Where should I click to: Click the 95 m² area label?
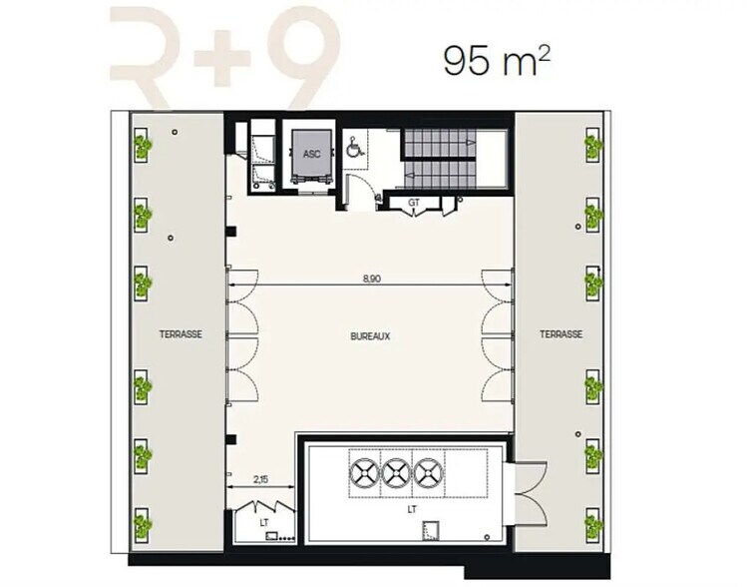[x=498, y=61]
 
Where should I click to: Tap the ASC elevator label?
[x=311, y=154]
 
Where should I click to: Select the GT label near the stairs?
[x=414, y=203]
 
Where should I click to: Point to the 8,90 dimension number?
[x=372, y=279]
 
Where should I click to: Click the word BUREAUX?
[x=370, y=336]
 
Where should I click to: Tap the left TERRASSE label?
[x=181, y=334]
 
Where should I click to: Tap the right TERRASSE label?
[x=560, y=334]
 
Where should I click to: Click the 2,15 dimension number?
[x=260, y=480]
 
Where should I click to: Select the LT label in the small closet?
[x=264, y=523]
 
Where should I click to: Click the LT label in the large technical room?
[x=412, y=509]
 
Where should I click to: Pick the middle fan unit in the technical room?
[x=396, y=474]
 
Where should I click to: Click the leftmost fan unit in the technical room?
[x=364, y=474]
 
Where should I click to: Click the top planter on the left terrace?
[x=142, y=144]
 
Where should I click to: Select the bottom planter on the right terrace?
[x=593, y=525]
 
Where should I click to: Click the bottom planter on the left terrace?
[x=142, y=525]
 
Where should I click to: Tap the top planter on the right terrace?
[x=593, y=144]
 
